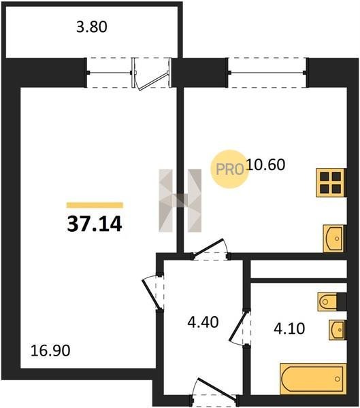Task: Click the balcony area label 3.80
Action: (x=92, y=27)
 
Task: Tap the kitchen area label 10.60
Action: (x=265, y=165)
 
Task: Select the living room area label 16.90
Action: (x=50, y=350)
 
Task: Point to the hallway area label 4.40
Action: (x=203, y=322)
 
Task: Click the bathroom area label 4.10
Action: (x=289, y=328)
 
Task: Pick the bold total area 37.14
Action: (x=95, y=224)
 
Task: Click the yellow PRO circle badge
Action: (x=230, y=169)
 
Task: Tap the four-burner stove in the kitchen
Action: (x=331, y=183)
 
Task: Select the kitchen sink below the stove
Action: (x=334, y=239)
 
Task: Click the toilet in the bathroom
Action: (x=327, y=302)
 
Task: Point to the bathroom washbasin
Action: (x=337, y=330)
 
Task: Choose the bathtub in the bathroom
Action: (x=313, y=379)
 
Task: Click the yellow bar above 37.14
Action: (x=95, y=205)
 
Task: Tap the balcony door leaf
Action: (x=153, y=82)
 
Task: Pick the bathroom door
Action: (x=238, y=326)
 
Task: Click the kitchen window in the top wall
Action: (x=267, y=73)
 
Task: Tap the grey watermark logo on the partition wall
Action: (x=180, y=201)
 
